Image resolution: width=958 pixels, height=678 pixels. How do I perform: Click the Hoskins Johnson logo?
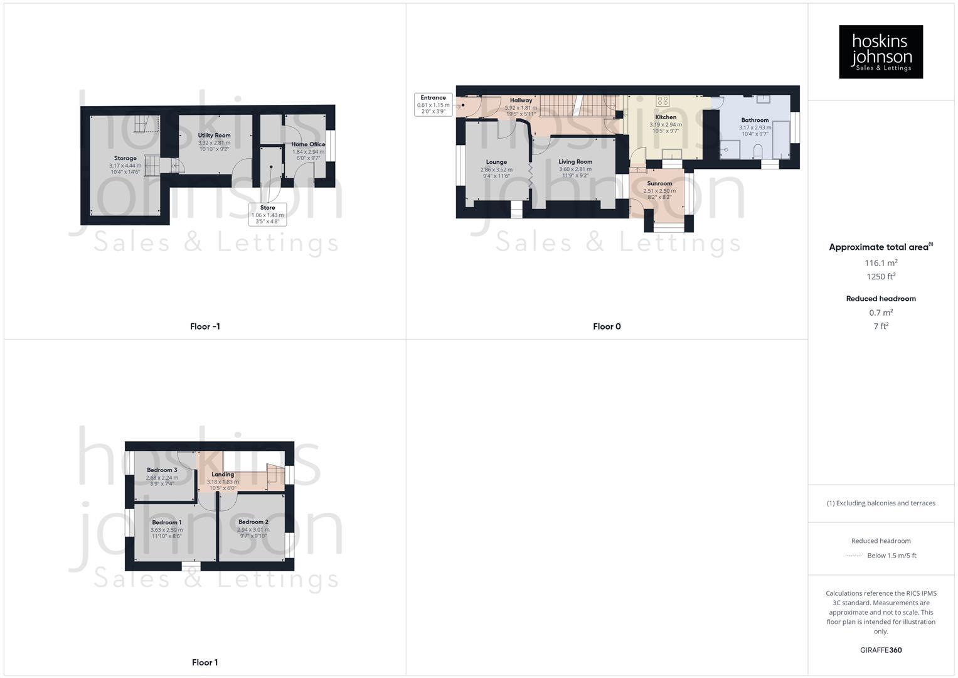pyautogui.click(x=880, y=52)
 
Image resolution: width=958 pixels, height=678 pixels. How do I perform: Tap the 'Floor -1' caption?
pyautogui.click(x=205, y=326)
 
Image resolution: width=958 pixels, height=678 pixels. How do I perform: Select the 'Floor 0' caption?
pyautogui.click(x=607, y=326)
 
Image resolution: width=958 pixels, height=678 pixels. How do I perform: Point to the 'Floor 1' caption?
pyautogui.click(x=205, y=662)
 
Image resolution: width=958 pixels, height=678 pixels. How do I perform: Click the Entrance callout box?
pyautogui.click(x=433, y=104)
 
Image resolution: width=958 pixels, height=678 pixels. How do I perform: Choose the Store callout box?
pyautogui.click(x=267, y=214)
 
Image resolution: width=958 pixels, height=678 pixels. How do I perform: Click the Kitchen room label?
pyautogui.click(x=666, y=117)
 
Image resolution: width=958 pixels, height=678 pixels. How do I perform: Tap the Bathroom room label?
pyautogui.click(x=755, y=120)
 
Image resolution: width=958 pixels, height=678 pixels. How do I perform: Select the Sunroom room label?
pyautogui.click(x=659, y=183)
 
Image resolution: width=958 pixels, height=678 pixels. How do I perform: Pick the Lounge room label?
pyautogui.click(x=496, y=162)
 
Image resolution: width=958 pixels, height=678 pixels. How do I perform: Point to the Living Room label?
pyautogui.click(x=575, y=162)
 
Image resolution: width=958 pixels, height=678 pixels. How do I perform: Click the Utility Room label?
pyautogui.click(x=214, y=136)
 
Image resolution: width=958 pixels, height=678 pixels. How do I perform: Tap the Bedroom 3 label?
pyautogui.click(x=162, y=470)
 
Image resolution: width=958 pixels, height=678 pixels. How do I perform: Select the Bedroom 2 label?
pyautogui.click(x=253, y=522)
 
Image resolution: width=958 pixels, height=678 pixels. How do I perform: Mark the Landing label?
pyautogui.click(x=223, y=475)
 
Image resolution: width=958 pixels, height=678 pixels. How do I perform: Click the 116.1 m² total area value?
pyautogui.click(x=881, y=263)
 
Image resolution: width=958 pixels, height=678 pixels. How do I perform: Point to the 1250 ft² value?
pyautogui.click(x=881, y=277)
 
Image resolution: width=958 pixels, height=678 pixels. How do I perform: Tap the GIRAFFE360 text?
pyautogui.click(x=881, y=650)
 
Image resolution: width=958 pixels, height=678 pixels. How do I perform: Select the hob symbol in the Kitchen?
pyautogui.click(x=663, y=100)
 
